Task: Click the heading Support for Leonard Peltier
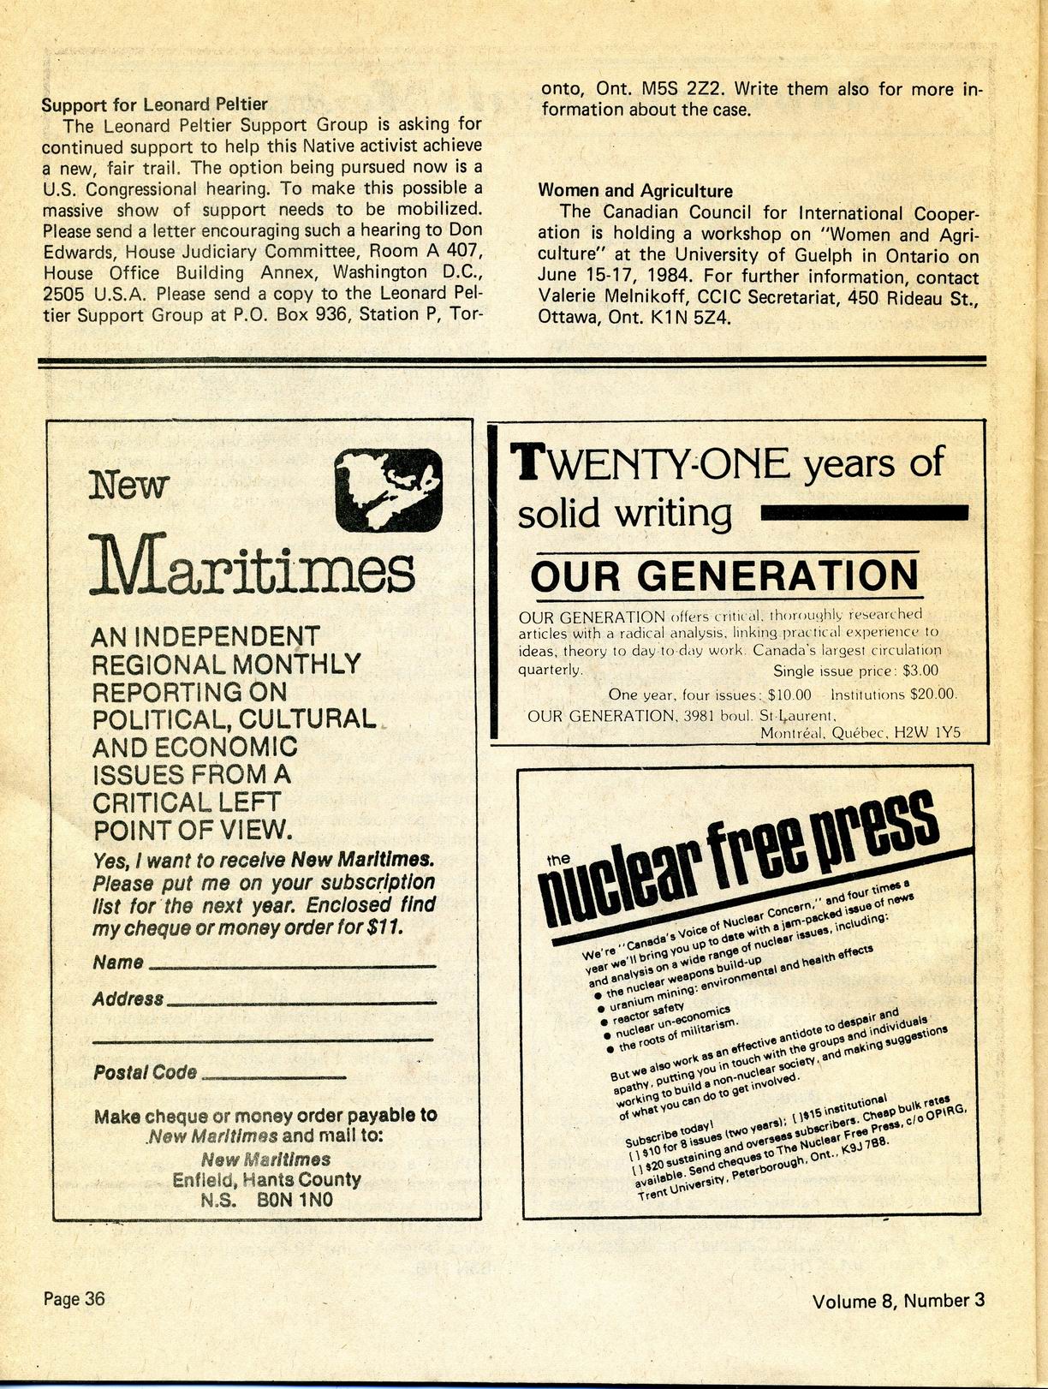[x=154, y=104]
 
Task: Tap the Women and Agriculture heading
[x=634, y=191]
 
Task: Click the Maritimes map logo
[x=388, y=491]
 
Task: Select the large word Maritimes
[x=253, y=565]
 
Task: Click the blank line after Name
[x=292, y=965]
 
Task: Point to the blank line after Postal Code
[x=272, y=1076]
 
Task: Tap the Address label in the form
[x=128, y=999]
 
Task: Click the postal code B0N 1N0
[x=295, y=1201]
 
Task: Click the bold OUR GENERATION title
[x=724, y=575]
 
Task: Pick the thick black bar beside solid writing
[x=864, y=513]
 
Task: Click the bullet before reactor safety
[x=604, y=1021]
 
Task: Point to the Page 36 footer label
[x=74, y=1298]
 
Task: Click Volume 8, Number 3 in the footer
[x=897, y=1301]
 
